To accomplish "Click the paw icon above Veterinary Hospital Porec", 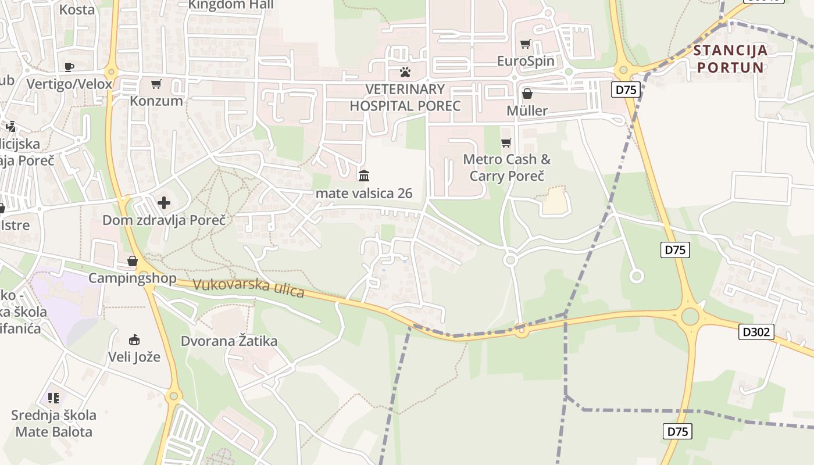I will click(405, 72).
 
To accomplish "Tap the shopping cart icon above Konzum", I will click(156, 84).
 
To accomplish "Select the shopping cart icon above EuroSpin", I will click(526, 44).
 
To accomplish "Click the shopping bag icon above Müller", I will click(527, 94).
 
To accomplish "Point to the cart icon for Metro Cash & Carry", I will click(506, 142).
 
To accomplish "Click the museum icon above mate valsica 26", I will click(364, 176).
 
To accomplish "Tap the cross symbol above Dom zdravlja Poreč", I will click(164, 203).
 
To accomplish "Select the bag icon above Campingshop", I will click(133, 261).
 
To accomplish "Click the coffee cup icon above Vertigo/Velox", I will click(69, 67).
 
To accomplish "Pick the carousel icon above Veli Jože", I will click(134, 339).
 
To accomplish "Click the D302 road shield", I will click(756, 332).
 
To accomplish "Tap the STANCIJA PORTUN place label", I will click(730, 59).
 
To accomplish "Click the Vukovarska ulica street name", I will click(249, 288).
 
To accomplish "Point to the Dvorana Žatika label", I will click(229, 341).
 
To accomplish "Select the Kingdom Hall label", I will click(231, 5).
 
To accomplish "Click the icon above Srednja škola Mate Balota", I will click(53, 398).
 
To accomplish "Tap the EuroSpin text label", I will click(526, 61).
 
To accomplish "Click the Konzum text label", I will click(156, 101).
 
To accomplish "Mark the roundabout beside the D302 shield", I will click(690, 317).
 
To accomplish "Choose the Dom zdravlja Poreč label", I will click(164, 220).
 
